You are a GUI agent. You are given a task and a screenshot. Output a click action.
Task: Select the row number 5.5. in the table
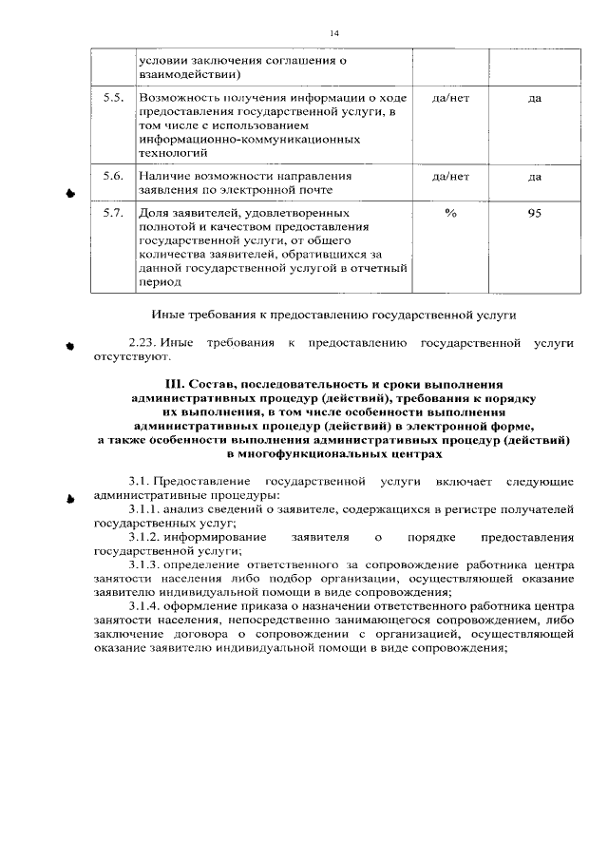113,98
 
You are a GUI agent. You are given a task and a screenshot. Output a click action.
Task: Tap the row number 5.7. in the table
113,215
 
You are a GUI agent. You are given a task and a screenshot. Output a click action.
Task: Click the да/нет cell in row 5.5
450,98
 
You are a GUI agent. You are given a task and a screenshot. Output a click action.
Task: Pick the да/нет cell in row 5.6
450,177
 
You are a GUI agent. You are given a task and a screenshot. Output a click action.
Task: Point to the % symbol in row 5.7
450,215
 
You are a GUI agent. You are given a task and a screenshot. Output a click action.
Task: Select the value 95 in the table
535,215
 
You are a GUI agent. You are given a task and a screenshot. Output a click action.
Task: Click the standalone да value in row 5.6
535,177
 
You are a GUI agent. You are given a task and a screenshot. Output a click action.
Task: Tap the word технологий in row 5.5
170,151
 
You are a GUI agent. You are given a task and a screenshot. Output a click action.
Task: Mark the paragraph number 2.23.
142,341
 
